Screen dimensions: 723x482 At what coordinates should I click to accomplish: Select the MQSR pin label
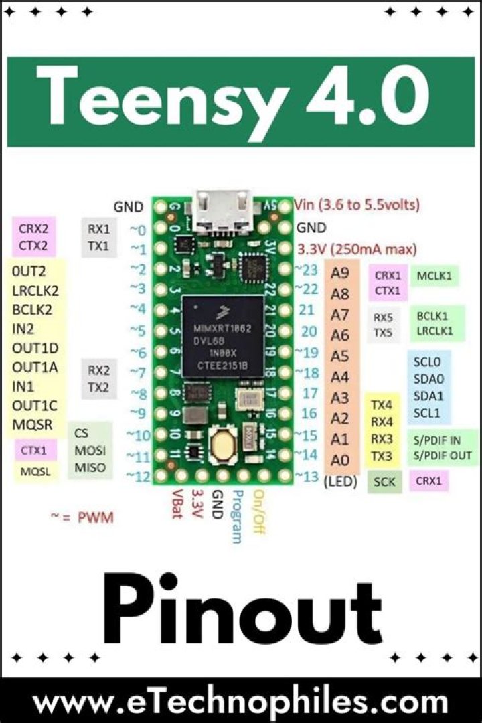(32, 424)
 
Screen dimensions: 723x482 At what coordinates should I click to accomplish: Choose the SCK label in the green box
(384, 481)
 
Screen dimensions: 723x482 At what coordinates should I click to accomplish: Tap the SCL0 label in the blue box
(427, 362)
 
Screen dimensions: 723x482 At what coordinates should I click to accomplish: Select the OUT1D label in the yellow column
(35, 347)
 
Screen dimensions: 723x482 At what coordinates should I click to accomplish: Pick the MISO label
(90, 467)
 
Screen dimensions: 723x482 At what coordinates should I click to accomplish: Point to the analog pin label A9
(341, 273)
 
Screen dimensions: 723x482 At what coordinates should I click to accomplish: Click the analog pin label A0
(341, 460)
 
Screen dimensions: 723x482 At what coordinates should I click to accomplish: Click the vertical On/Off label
(257, 510)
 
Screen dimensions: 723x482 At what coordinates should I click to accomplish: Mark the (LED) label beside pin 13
(340, 481)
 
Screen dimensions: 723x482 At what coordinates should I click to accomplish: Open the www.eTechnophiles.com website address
(240, 702)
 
